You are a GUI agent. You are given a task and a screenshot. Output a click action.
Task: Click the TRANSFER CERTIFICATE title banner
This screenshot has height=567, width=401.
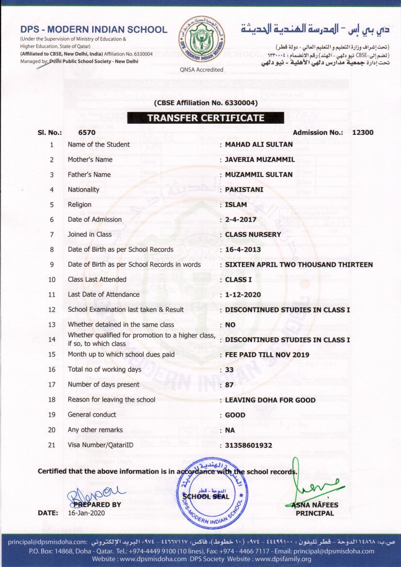click(206, 118)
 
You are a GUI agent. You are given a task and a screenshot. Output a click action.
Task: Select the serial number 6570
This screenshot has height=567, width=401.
click(87, 132)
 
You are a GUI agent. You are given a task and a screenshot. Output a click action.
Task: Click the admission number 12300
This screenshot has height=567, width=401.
click(363, 132)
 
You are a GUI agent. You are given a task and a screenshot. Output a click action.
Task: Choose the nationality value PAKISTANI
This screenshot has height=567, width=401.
click(244, 190)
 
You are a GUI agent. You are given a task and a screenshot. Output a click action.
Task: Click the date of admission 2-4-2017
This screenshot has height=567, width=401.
click(241, 220)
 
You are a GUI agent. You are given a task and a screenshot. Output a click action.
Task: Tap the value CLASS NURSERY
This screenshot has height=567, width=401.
click(253, 235)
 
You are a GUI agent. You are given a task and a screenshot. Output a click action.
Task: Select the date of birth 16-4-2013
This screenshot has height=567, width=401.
click(243, 250)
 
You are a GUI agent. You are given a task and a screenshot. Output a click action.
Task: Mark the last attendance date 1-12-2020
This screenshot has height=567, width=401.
click(243, 295)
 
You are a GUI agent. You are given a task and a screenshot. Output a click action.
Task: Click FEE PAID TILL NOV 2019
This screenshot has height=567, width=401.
click(267, 355)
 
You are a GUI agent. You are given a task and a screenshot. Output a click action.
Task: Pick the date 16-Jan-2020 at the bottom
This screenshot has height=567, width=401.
click(86, 513)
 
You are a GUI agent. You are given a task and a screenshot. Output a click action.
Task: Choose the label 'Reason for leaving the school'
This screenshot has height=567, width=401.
click(112, 400)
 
